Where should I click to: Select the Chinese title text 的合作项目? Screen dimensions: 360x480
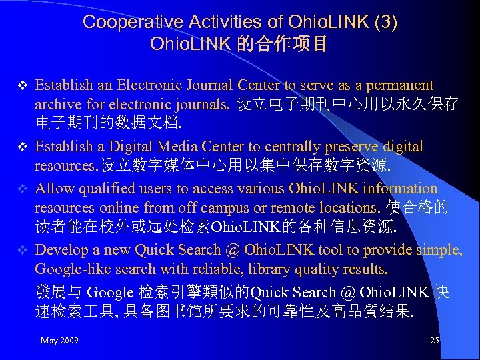tap(287, 45)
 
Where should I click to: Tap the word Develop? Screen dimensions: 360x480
tap(59, 250)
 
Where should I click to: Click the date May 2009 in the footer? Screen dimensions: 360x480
tap(59, 341)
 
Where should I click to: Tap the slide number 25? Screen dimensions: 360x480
tap(435, 341)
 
